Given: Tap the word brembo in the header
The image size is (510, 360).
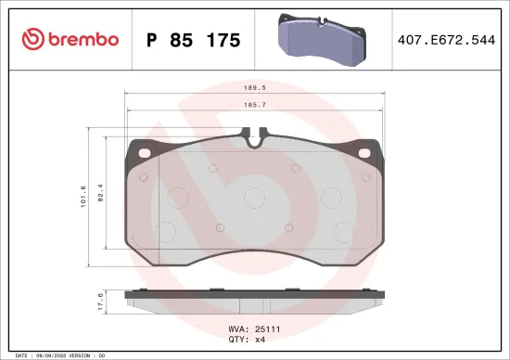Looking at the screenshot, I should coord(83,39).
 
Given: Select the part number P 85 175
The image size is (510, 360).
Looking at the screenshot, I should coord(194,40).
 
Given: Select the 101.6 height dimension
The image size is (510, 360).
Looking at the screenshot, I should coord(83,195).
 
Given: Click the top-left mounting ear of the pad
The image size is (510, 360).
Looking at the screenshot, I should coord(135,147).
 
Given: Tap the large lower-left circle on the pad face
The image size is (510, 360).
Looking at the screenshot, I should coord(166,233).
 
